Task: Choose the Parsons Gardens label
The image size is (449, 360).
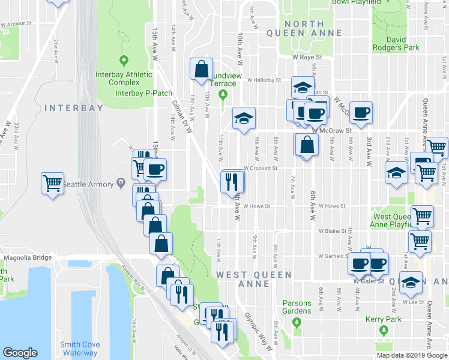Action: point(297,307)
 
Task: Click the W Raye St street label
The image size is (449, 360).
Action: point(307,58)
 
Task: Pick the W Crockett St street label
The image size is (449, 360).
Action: point(259,169)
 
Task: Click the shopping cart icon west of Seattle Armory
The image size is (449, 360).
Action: point(52,183)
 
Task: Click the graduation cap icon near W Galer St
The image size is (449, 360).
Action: point(411,282)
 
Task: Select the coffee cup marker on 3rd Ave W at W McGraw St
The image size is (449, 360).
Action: point(361,113)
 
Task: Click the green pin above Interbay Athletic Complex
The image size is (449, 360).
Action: point(124,60)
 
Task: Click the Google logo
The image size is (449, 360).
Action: point(20,353)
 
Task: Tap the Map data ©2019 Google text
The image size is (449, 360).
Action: point(412,355)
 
